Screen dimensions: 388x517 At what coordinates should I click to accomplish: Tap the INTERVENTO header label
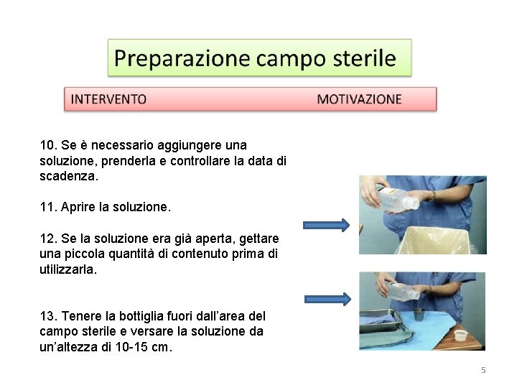108,99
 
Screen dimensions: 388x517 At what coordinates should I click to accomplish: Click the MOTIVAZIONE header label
359,99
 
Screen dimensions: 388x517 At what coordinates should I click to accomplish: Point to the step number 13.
48,316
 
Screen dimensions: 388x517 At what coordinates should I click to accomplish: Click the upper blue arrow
327,225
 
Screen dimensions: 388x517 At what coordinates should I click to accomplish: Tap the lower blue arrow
327,299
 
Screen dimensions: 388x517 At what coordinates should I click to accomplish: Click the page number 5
483,370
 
